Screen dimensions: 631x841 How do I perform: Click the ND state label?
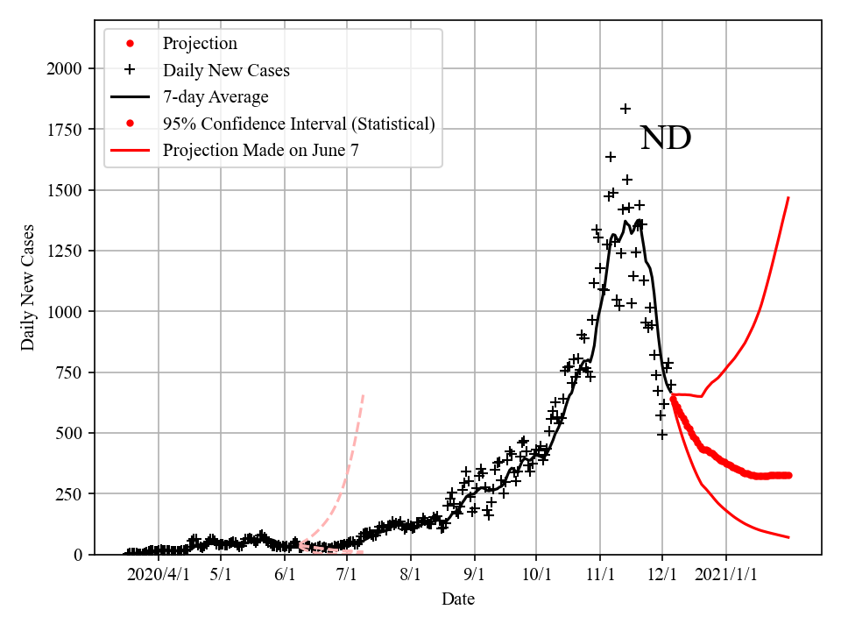click(666, 138)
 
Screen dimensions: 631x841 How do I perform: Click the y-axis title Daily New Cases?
click(29, 287)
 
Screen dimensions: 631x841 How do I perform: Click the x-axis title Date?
click(458, 599)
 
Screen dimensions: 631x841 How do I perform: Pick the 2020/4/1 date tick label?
click(159, 576)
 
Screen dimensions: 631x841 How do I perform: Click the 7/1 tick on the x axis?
click(347, 576)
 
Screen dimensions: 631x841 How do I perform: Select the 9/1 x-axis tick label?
click(475, 576)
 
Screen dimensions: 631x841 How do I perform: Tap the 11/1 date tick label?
click(600, 576)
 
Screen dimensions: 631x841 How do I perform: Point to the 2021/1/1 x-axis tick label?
click(726, 576)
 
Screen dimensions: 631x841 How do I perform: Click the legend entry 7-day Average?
click(216, 96)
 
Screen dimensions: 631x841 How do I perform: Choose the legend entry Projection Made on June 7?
click(260, 151)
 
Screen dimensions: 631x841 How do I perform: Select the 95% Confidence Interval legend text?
click(298, 124)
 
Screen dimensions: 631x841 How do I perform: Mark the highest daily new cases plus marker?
click(625, 109)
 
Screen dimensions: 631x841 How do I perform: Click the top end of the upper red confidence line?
click(788, 198)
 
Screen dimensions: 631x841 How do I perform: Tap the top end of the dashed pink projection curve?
click(363, 395)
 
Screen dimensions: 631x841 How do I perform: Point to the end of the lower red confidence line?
click(788, 537)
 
